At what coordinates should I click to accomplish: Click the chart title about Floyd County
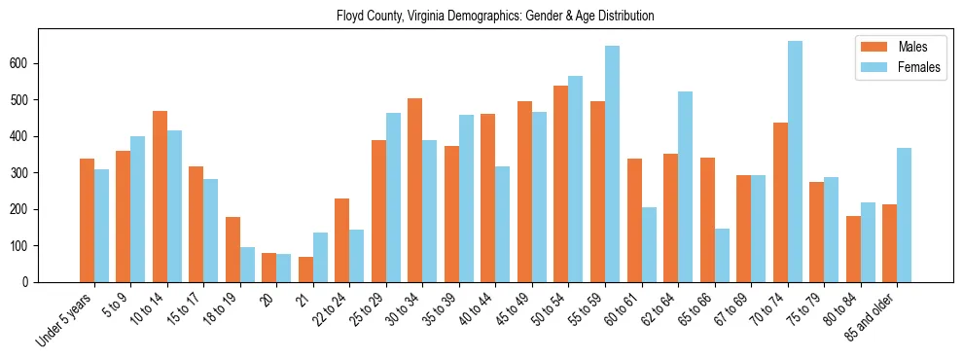pyautogui.click(x=495, y=16)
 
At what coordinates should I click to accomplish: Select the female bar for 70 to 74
pyautogui.click(x=795, y=162)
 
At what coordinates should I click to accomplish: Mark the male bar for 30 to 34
pyautogui.click(x=415, y=190)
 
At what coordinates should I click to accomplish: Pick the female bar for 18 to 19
pyautogui.click(x=247, y=265)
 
